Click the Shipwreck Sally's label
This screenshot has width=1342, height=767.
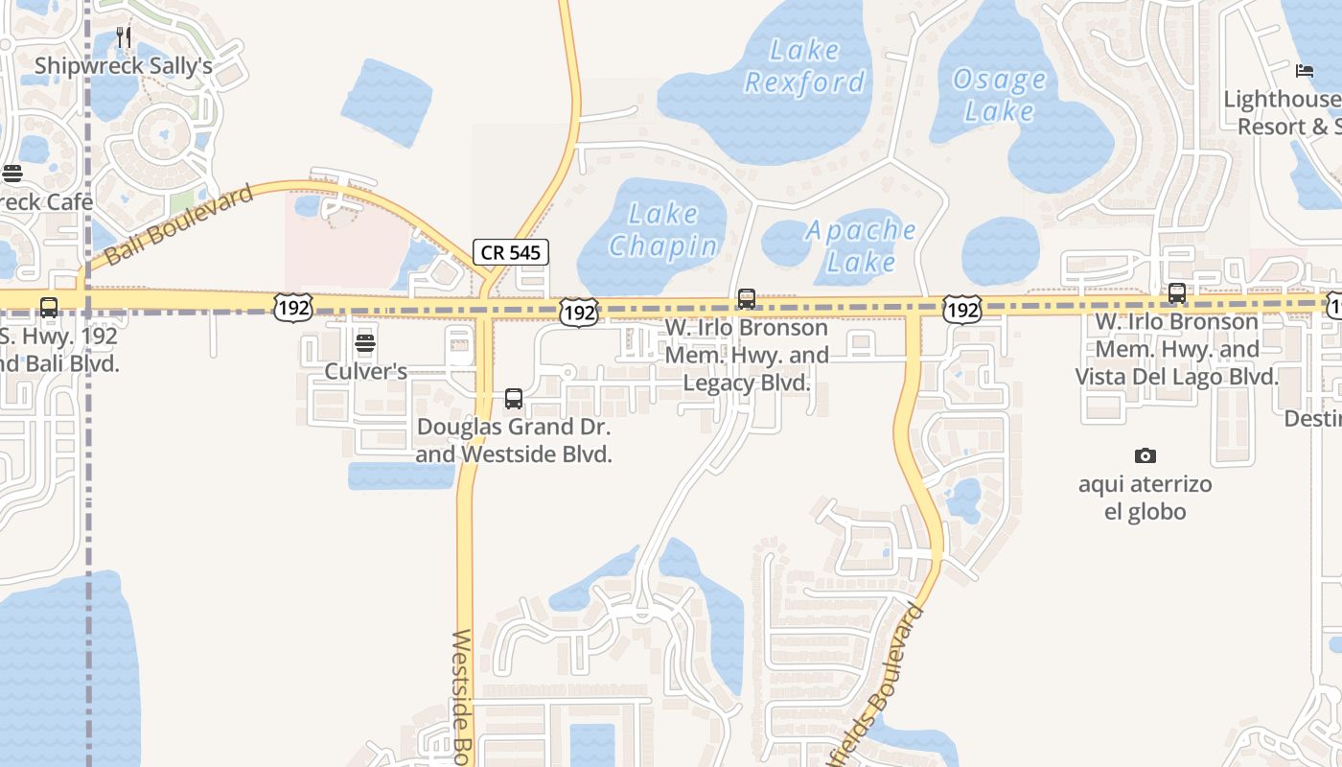pos(123,66)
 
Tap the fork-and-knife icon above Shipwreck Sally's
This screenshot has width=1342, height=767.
pos(123,37)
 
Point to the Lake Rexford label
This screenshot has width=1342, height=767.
pos(804,66)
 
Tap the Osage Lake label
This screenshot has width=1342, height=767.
pos(999,95)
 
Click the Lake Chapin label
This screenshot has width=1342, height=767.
pos(663,230)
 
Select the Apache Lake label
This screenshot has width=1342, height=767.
pos(860,245)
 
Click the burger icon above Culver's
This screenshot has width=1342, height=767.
pos(364,343)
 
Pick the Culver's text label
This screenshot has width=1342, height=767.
pos(365,371)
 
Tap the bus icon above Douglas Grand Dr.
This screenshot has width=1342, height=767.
pos(514,399)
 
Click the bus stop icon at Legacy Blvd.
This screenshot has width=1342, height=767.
pos(747,299)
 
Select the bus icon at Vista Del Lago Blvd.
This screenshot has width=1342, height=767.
pos(1177,293)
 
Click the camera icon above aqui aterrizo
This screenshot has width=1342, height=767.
pos(1145,455)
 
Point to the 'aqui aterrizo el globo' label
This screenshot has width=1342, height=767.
pos(1145,498)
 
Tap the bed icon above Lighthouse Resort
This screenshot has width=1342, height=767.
pos(1304,70)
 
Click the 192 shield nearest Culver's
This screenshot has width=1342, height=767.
pos(291,308)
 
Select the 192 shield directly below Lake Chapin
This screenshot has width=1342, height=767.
pos(579,312)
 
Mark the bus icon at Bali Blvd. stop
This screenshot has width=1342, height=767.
pos(48,308)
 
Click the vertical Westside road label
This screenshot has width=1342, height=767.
pos(463,695)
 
